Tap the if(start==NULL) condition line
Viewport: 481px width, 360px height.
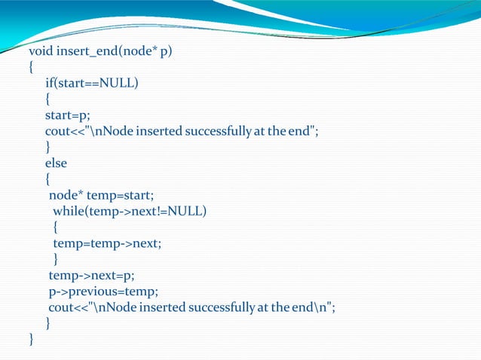pyautogui.click(x=91, y=83)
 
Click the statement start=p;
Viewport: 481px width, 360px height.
pyautogui.click(x=64, y=115)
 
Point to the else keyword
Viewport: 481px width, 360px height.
pyautogui.click(x=56, y=162)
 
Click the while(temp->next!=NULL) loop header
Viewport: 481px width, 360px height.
pyautogui.click(x=129, y=211)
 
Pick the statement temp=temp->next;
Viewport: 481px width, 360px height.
pyautogui.click(x=107, y=243)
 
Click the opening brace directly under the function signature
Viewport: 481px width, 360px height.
pyautogui.click(x=31, y=68)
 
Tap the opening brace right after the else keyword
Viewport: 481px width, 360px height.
pyautogui.click(x=47, y=179)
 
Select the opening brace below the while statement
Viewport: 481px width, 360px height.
pyautogui.click(x=56, y=227)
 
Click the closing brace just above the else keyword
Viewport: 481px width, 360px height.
pyautogui.click(x=47, y=147)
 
